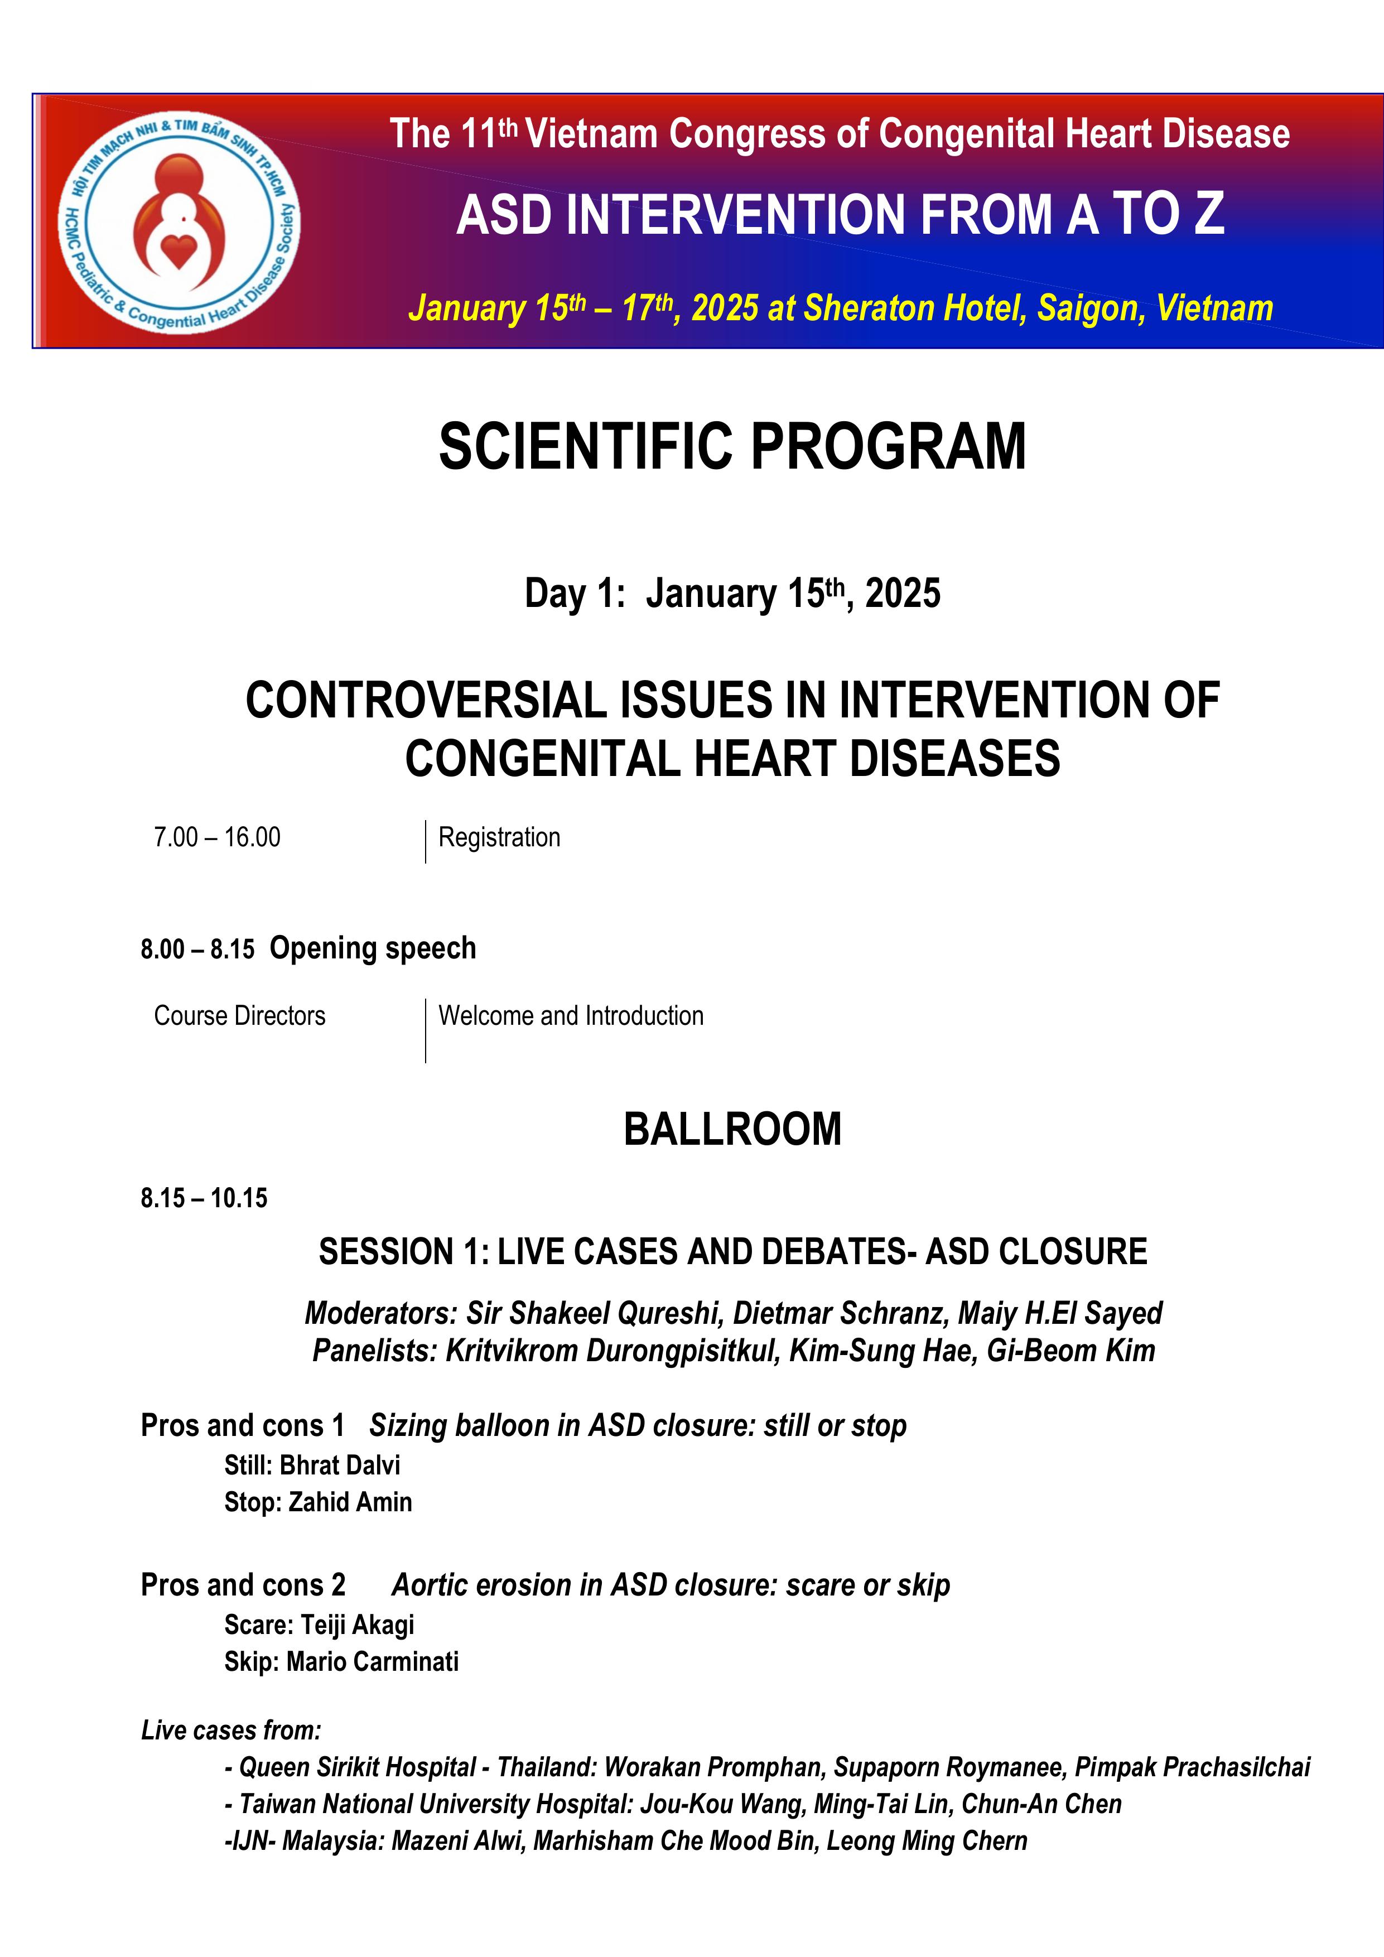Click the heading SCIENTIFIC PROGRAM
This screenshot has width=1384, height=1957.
click(732, 446)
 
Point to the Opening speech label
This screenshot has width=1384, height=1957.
click(373, 948)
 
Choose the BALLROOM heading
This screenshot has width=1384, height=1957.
click(732, 1129)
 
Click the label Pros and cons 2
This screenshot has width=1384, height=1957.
click(243, 1584)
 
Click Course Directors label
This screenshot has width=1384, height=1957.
click(239, 1015)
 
